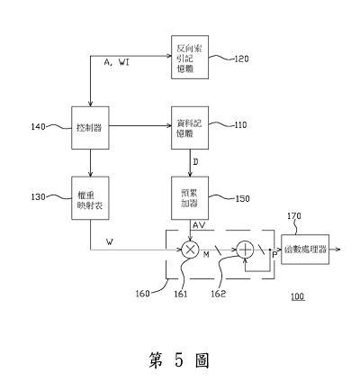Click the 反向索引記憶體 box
[190, 58]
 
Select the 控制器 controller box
[90, 128]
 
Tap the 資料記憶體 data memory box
[190, 128]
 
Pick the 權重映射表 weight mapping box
[90, 198]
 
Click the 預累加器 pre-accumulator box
[190, 198]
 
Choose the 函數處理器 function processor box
[305, 250]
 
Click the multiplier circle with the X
[190, 250]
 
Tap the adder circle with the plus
[245, 250]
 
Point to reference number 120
[241, 59]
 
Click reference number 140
[39, 127]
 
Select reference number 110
[240, 124]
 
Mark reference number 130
[39, 197]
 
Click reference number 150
[242, 199]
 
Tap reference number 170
[294, 216]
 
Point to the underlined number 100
[298, 296]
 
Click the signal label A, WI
[117, 63]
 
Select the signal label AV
[199, 225]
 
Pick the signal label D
[195, 162]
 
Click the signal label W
[110, 241]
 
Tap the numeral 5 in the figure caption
[178, 360]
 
